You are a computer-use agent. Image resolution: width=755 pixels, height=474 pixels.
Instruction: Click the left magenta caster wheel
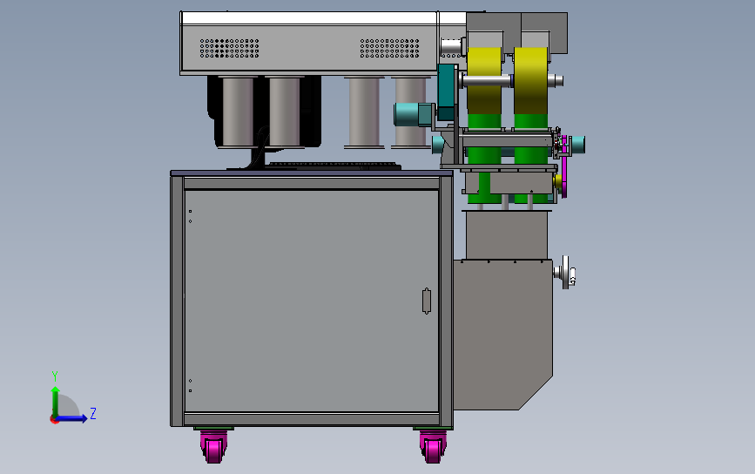[x=214, y=446]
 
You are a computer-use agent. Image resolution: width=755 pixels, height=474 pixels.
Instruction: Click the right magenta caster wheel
[x=433, y=446]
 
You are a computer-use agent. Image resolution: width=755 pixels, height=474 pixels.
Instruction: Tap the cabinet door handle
[x=426, y=301]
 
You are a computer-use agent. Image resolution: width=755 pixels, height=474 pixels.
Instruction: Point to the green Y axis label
[x=55, y=376]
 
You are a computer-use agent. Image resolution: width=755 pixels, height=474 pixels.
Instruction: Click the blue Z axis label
[x=93, y=413]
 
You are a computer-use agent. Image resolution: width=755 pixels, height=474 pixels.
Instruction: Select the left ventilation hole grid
[x=229, y=49]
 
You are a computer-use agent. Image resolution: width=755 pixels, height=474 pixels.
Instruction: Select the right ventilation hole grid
[x=389, y=49]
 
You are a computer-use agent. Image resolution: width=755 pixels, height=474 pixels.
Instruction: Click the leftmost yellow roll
[x=484, y=80]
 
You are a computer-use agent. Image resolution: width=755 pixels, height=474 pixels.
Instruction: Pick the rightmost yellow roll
[x=530, y=80]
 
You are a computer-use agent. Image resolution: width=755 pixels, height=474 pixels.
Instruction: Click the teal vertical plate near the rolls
[x=447, y=92]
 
